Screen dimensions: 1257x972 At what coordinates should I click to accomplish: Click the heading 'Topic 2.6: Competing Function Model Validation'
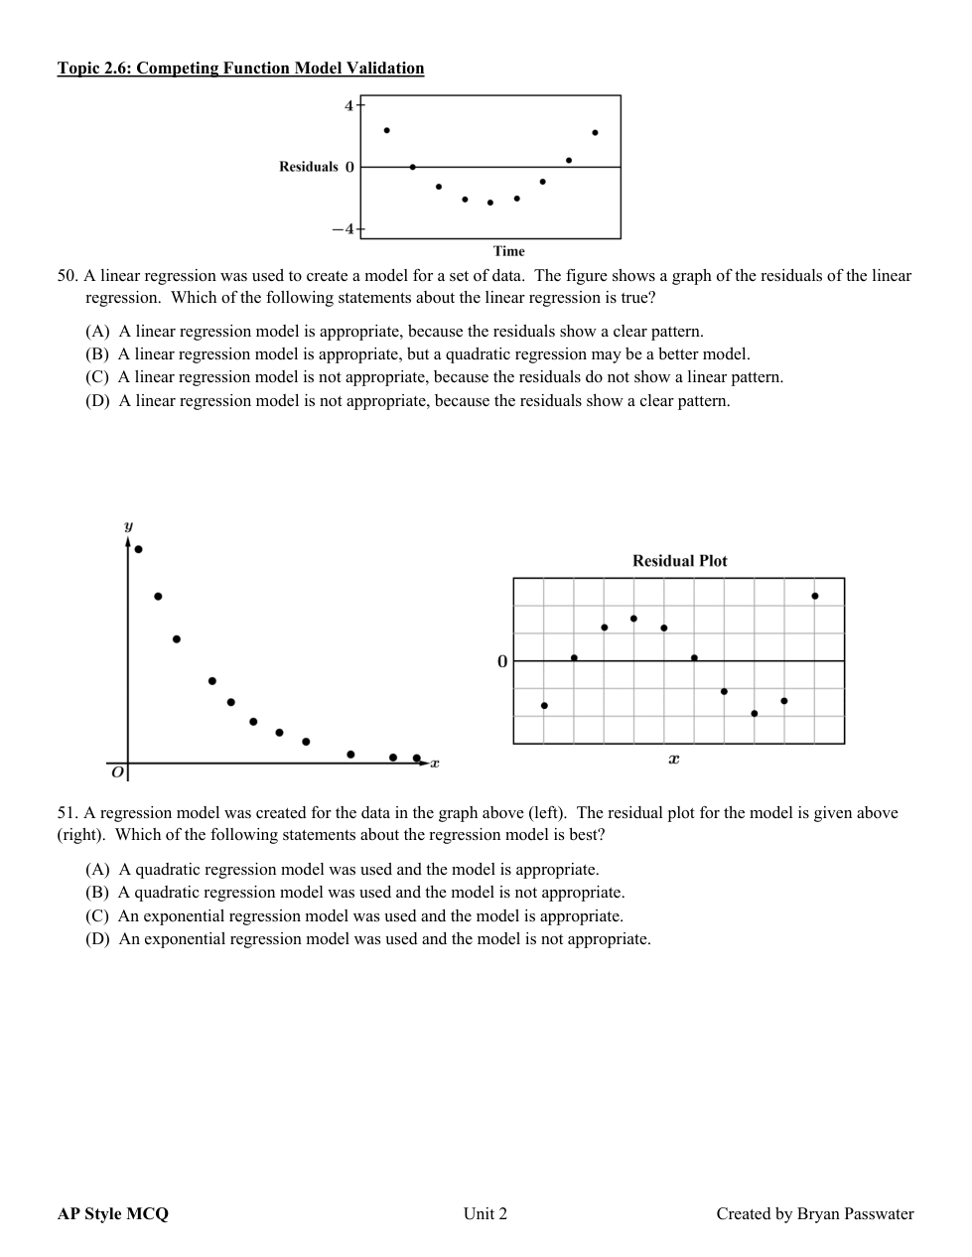[240, 69]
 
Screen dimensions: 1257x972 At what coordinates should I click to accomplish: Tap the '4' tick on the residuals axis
[348, 105]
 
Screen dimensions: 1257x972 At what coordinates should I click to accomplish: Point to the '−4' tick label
[343, 229]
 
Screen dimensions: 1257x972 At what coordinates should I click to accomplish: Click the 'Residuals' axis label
[309, 167]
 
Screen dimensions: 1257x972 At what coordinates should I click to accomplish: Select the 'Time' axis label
[508, 251]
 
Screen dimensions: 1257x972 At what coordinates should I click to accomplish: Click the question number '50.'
[68, 276]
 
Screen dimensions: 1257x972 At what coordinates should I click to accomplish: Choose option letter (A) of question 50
[97, 332]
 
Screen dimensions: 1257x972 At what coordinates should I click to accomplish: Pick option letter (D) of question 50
[97, 401]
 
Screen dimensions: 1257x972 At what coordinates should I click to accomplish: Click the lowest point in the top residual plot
[490, 203]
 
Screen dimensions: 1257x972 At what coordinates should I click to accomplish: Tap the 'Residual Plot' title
[679, 561]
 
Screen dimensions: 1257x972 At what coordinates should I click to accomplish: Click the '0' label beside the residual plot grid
[502, 661]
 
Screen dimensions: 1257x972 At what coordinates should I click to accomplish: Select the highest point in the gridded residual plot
[815, 596]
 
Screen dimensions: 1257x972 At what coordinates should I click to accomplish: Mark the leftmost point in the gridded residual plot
[544, 706]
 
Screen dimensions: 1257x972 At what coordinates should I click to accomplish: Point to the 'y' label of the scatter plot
[128, 525]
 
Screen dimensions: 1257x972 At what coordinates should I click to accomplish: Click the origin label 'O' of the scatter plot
[117, 770]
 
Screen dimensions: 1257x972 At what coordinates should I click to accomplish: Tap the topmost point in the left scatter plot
[139, 549]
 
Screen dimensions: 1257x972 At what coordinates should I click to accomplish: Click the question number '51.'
[68, 813]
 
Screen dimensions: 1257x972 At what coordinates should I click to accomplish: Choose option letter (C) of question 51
[97, 916]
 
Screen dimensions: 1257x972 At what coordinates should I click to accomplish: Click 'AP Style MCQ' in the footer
[113, 1213]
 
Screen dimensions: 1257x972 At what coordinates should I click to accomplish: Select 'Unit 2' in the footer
[486, 1213]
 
